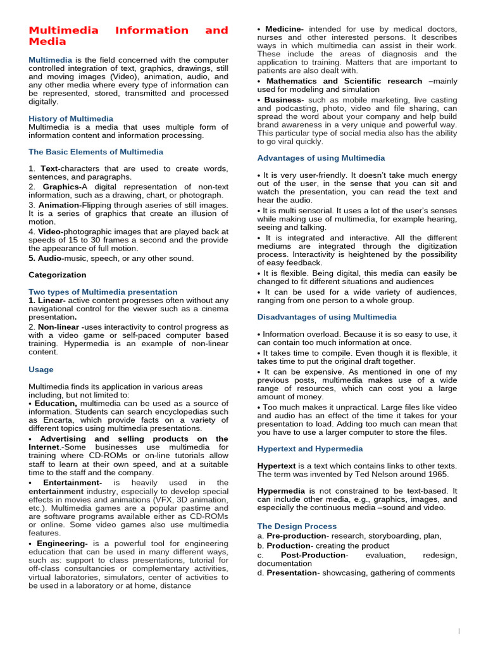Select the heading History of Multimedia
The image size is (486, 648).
coord(71,118)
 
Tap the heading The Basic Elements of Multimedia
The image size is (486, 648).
coord(96,152)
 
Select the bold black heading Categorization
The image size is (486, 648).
coord(57,275)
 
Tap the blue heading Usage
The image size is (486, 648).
coord(41,369)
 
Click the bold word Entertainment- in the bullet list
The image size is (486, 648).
coord(72,483)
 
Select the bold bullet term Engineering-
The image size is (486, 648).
coord(63,544)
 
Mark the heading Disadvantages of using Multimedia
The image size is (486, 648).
coord(327,317)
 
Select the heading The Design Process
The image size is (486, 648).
coord(297,526)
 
